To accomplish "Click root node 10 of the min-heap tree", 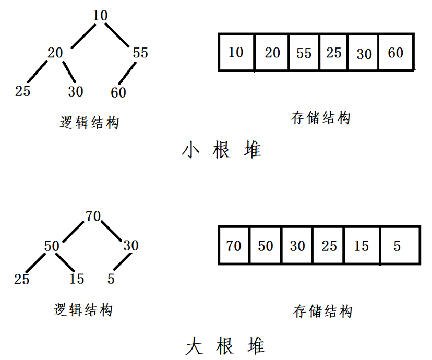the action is point(100,16).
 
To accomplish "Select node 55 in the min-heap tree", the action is point(140,53).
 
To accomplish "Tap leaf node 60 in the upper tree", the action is point(118,92).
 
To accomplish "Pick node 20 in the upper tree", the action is point(55,53).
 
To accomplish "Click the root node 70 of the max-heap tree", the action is point(93,216).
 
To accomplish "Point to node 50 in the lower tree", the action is point(52,246).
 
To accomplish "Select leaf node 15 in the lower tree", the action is point(77,279).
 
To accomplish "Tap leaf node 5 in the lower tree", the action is point(111,279).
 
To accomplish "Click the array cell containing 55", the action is point(304,52).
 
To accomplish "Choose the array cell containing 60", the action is point(396,52).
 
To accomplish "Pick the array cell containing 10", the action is point(236,52).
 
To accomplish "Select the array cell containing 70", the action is point(234,245).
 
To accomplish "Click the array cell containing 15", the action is point(362,245).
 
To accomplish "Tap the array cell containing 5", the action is point(400,245).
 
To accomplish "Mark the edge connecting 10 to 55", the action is point(117,35).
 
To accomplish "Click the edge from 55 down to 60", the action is point(127,73).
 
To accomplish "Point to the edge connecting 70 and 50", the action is point(73,232).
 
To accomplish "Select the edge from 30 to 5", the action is point(123,261).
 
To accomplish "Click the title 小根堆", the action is point(221,150).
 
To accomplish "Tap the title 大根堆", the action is point(225,346).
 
